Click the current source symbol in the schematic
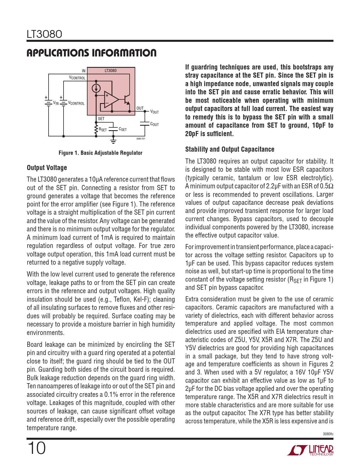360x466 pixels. tap(96, 88)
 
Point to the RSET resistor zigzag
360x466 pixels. tap(96, 129)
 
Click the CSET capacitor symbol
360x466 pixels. tap(113, 129)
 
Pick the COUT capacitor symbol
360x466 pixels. tap(145, 124)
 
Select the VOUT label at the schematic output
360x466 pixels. tap(154, 112)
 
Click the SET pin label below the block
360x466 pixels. tap(101, 119)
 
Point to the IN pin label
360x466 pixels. tap(84, 71)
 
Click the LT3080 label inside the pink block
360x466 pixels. tap(110, 71)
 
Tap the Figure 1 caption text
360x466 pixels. tap(100, 153)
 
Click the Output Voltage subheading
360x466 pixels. tap(47, 168)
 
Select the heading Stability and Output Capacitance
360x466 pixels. tap(230, 149)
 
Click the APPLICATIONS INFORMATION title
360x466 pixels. tap(91, 53)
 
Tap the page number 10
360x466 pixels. tap(36, 448)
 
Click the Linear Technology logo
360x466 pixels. tap(310, 450)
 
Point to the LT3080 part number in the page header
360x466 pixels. tap(44, 34)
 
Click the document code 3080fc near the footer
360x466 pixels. tap(328, 434)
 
